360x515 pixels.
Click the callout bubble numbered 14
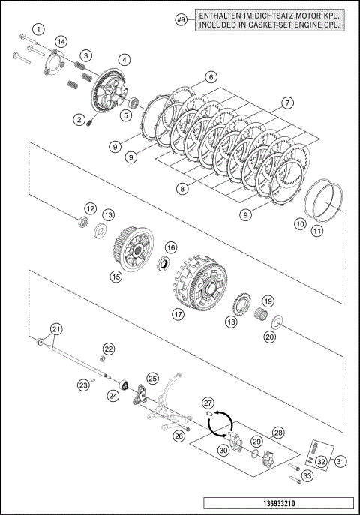pos(61,42)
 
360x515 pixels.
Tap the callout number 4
pos(124,60)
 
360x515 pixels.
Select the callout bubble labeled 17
pos(178,315)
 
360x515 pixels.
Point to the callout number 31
pos(340,462)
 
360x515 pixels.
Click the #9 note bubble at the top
pos(181,20)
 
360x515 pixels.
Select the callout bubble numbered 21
pos(56,329)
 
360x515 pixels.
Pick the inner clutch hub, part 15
pos(133,249)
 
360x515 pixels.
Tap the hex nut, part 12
pos(82,222)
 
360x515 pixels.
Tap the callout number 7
pos(288,103)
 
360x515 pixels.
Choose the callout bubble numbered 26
pos(179,436)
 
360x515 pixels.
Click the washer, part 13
pos(100,231)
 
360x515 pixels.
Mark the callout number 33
pos(307,475)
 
